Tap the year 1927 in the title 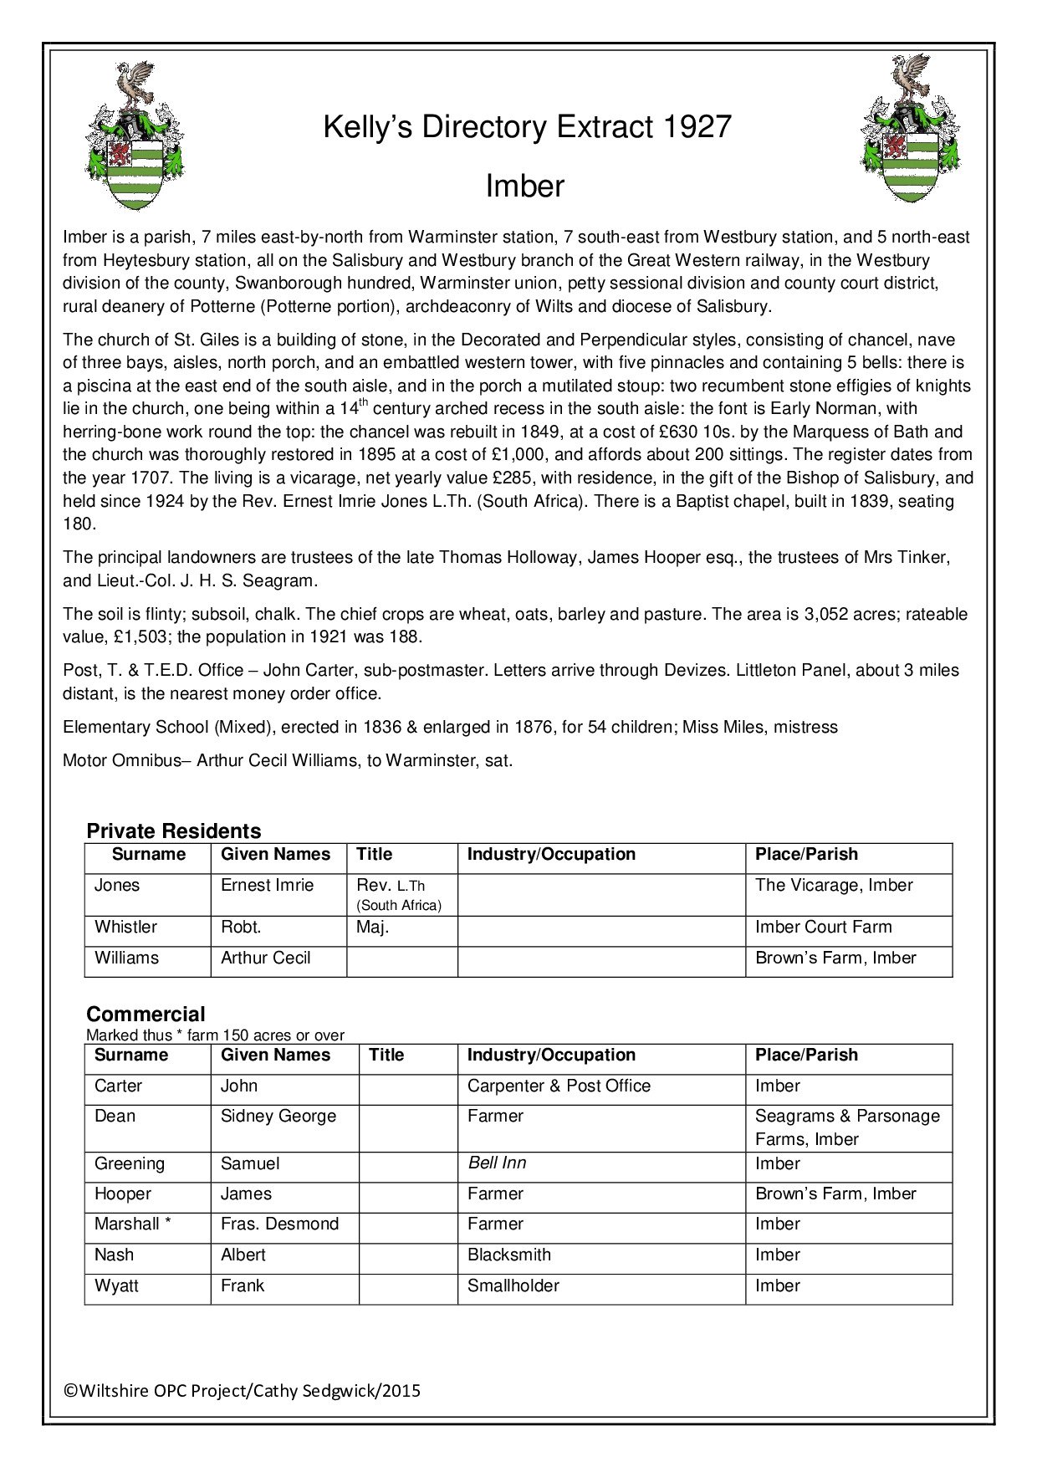click(697, 127)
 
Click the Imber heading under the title click(524, 187)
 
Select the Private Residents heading click(174, 831)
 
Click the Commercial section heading click(146, 1014)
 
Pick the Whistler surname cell click(125, 928)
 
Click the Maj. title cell click(373, 928)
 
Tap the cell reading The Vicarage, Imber click(834, 886)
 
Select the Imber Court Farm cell click(823, 928)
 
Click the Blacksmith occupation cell click(509, 1255)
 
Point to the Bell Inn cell click(497, 1163)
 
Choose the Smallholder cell click(513, 1286)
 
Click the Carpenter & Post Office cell click(559, 1086)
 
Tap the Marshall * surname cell click(132, 1224)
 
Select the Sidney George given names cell click(278, 1117)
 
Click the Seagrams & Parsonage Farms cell click(846, 1127)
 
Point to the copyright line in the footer click(243, 1391)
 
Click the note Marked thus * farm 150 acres click(215, 1035)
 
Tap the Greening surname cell click(129, 1164)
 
